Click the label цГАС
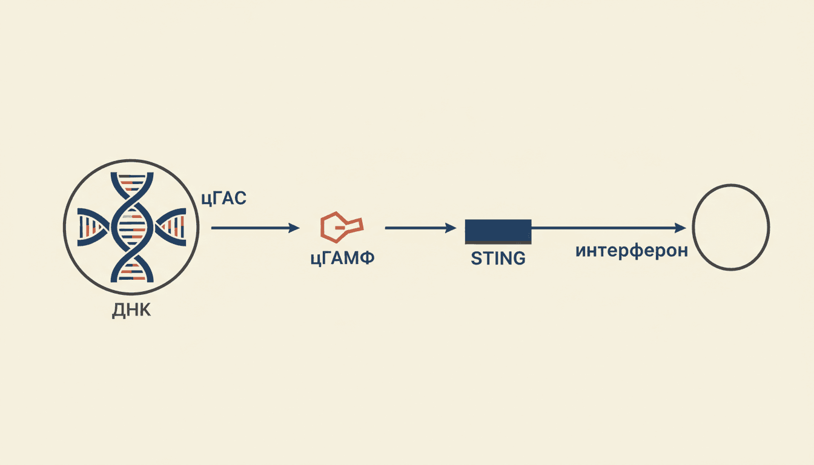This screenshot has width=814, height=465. coord(224,199)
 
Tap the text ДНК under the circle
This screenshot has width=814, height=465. coord(131,311)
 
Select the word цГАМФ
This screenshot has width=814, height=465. coord(342,259)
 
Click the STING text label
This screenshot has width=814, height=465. coord(498,259)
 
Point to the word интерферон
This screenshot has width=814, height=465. coord(632,251)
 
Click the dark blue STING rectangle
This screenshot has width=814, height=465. coord(498,231)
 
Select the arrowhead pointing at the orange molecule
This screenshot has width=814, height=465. coord(294,228)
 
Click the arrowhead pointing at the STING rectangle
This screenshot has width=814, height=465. coord(451,228)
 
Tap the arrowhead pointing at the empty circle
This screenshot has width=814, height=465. coord(680,228)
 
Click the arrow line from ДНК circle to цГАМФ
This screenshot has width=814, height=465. coord(256,228)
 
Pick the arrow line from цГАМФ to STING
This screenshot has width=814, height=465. coord(421,228)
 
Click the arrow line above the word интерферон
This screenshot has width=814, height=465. coord(609,228)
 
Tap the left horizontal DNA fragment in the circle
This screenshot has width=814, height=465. coord(93,227)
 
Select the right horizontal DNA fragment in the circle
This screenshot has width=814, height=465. coord(170,227)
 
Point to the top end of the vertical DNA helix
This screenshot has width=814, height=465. coord(132,174)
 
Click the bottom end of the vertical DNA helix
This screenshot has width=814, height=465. coord(132,280)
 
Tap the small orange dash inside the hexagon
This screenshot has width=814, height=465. coord(340,228)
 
